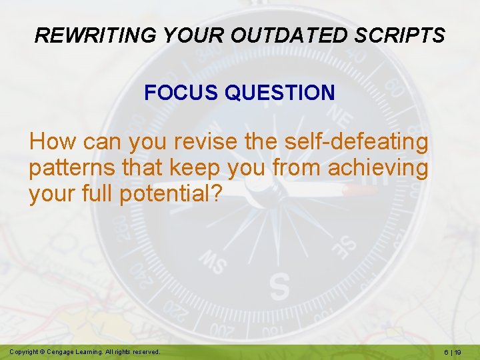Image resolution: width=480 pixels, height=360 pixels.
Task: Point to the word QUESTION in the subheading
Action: [x=280, y=93]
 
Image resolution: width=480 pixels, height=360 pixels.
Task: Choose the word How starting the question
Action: [x=52, y=142]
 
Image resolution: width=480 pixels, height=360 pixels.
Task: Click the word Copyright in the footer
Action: [x=23, y=351]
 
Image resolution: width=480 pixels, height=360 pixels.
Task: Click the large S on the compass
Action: [x=281, y=287]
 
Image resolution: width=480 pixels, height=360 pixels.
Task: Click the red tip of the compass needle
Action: [x=363, y=191]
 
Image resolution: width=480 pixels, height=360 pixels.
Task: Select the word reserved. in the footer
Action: [x=146, y=351]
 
